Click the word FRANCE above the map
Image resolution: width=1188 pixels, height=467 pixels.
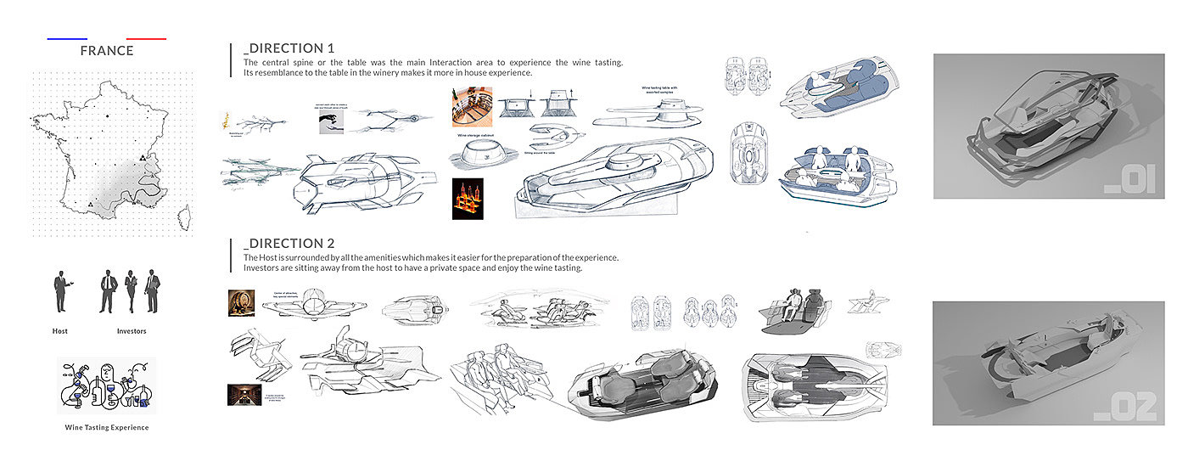tap(107, 51)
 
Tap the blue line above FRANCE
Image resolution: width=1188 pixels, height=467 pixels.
tap(68, 39)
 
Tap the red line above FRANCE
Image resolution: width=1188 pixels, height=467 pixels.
tap(146, 39)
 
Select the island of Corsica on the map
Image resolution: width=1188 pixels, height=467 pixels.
tap(182, 217)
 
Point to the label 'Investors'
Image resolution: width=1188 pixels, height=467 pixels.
tap(131, 331)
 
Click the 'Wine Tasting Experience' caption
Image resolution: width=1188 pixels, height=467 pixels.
tap(107, 428)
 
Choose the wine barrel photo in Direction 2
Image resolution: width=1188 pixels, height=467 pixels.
tap(241, 303)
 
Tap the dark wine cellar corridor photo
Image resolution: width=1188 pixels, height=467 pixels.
tap(240, 395)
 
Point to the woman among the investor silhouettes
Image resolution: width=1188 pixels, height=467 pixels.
tap(131, 291)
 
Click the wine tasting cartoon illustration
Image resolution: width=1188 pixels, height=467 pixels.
tap(107, 385)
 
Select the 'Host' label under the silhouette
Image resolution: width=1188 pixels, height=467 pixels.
tap(59, 331)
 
